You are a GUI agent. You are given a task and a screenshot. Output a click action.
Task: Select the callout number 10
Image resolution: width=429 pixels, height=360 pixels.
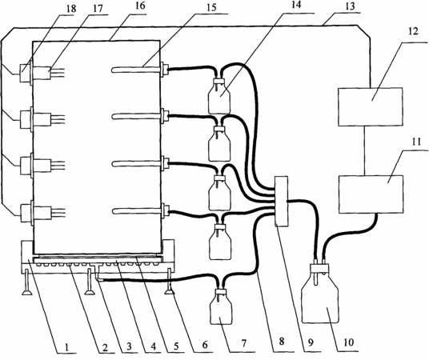(x=347, y=342)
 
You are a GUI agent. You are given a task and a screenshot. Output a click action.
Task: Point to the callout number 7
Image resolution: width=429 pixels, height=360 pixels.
(x=243, y=342)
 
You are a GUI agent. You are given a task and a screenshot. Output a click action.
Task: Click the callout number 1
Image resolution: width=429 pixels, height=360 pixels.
(x=66, y=347)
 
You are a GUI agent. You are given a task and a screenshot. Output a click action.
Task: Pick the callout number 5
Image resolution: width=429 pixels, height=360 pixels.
(x=176, y=346)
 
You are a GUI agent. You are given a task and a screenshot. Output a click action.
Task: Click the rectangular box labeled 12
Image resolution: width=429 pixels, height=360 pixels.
(x=371, y=106)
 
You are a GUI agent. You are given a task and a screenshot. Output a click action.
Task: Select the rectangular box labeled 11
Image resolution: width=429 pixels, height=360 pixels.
(x=371, y=194)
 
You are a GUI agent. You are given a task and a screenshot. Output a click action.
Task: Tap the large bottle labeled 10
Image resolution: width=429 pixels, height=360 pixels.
(x=319, y=291)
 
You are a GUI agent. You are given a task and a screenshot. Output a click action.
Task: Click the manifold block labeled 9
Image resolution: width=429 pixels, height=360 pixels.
(x=282, y=202)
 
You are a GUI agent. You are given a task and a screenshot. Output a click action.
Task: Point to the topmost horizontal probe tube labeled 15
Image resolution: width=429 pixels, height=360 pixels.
(x=136, y=70)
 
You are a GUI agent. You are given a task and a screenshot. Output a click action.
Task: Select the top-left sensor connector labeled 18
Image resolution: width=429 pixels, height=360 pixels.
(x=25, y=73)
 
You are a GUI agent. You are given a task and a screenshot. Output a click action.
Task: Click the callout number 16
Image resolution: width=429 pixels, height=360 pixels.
(x=140, y=6)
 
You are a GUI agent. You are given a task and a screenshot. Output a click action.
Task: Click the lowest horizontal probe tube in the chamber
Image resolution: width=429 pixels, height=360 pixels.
(x=136, y=210)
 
